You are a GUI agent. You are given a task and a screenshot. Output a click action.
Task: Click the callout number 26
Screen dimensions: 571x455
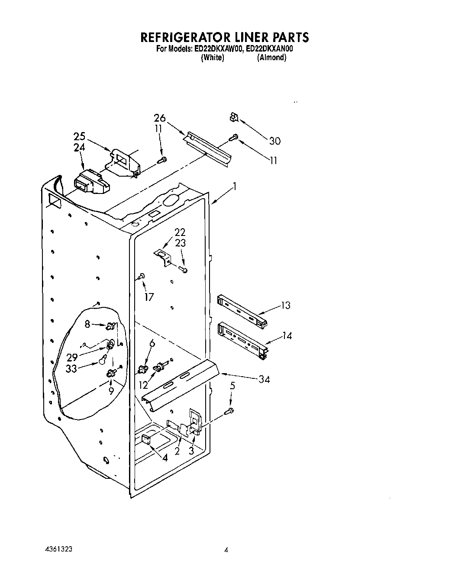(159, 118)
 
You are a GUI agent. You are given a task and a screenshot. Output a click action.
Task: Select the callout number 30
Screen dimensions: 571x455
(274, 141)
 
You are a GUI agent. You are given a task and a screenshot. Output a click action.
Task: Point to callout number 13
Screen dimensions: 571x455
(285, 305)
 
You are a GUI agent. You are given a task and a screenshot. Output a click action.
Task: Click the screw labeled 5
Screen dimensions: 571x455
(231, 410)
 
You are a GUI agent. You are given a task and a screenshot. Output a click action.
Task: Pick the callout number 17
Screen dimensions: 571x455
(149, 297)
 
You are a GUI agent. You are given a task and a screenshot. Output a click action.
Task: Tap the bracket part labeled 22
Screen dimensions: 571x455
(163, 257)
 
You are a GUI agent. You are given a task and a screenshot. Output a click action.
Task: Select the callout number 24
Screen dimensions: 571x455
(79, 148)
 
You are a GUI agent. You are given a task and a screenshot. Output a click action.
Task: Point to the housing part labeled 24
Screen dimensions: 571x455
(91, 182)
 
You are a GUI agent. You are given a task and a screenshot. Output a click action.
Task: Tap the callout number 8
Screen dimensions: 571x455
(87, 323)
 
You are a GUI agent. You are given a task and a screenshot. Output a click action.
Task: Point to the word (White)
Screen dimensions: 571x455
(212, 58)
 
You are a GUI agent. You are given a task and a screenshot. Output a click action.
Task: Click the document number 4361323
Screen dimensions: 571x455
(58, 549)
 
